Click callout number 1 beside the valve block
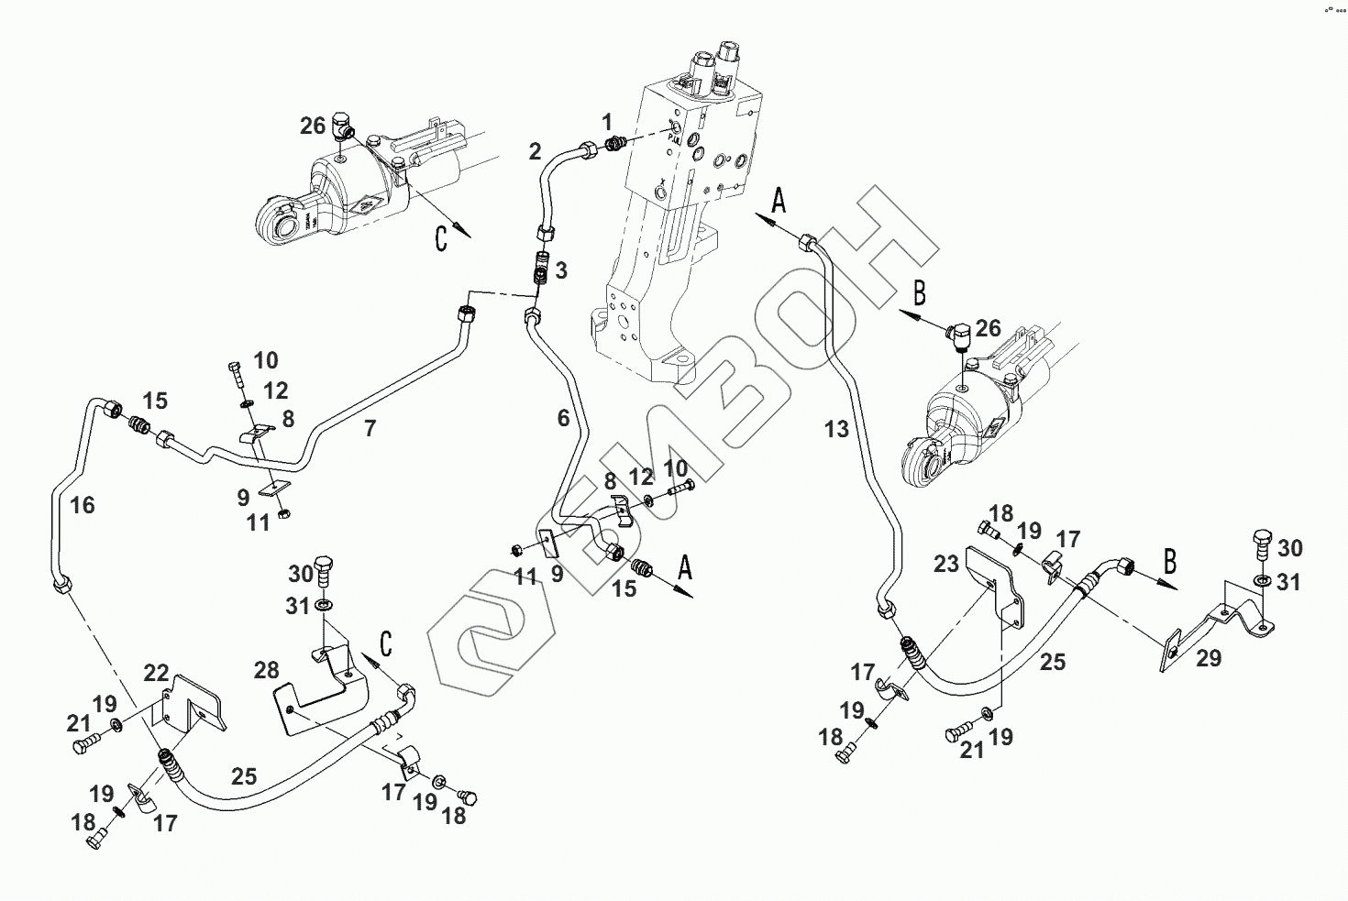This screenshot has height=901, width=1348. click(x=606, y=121)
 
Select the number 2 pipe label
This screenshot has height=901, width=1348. click(x=536, y=151)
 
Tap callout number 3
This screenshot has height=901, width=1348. click(x=561, y=270)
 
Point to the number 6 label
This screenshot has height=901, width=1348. click(x=563, y=419)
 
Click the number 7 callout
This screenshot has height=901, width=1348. click(x=370, y=428)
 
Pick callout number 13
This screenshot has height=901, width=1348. click(x=836, y=428)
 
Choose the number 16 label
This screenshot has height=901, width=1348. click(x=83, y=505)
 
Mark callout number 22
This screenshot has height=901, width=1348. click(x=157, y=672)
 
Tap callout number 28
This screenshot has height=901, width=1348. click(x=266, y=670)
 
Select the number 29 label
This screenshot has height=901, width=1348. click(x=1210, y=657)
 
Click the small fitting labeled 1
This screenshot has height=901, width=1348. click(x=616, y=143)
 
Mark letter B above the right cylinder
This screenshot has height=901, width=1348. click(x=919, y=293)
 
